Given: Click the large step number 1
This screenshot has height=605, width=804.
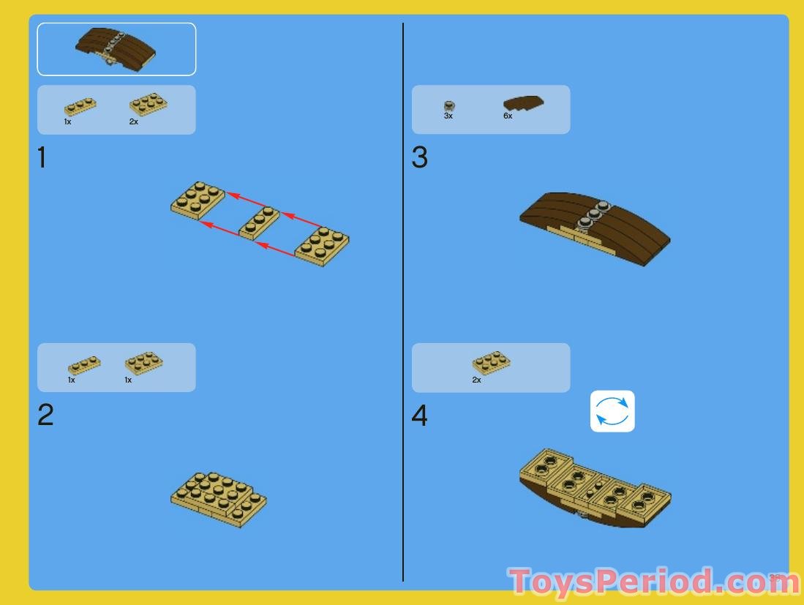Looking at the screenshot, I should click(x=42, y=157).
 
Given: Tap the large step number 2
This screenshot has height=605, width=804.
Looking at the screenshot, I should click(x=45, y=416).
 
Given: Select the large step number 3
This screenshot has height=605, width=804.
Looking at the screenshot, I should click(x=419, y=157).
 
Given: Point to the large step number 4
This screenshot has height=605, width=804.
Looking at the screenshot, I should click(x=419, y=416).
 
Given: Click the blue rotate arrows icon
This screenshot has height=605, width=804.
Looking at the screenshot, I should click(x=612, y=411).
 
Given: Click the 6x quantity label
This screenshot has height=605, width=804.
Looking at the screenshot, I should click(x=508, y=116).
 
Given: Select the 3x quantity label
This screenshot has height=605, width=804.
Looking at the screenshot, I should click(x=448, y=116).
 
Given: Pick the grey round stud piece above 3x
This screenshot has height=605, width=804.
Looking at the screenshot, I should click(x=449, y=106).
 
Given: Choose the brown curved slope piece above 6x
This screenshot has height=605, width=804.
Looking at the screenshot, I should click(x=523, y=104).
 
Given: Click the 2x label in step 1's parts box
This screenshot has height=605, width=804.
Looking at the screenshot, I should click(x=134, y=122).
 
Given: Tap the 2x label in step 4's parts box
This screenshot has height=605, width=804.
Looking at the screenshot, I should click(x=476, y=380).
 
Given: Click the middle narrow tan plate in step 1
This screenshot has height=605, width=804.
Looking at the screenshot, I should click(x=260, y=222).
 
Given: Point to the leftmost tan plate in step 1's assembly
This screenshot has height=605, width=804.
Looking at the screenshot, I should click(x=198, y=198).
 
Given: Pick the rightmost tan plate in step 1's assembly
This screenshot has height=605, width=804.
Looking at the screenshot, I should click(x=322, y=245).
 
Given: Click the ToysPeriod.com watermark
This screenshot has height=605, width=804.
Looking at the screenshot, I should click(x=644, y=582).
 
